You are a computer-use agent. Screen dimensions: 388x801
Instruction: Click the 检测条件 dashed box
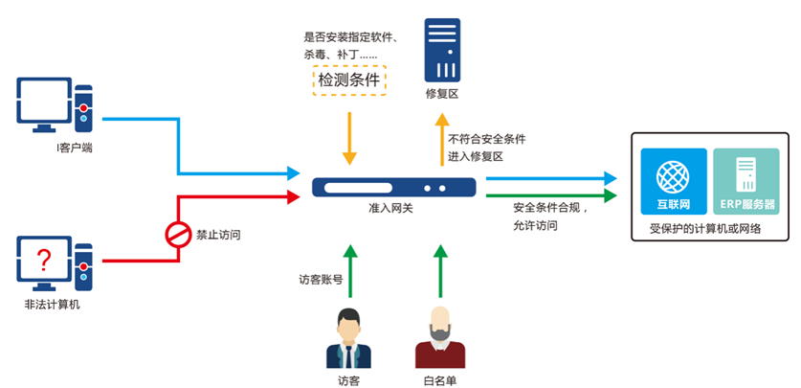click(x=349, y=80)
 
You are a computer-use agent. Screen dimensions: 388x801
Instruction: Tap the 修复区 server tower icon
click(x=442, y=49)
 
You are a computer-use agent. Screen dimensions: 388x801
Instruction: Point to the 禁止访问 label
click(x=218, y=234)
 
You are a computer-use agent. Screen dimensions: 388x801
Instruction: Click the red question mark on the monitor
click(x=43, y=259)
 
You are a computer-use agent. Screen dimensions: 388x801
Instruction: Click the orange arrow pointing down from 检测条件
click(x=350, y=134)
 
